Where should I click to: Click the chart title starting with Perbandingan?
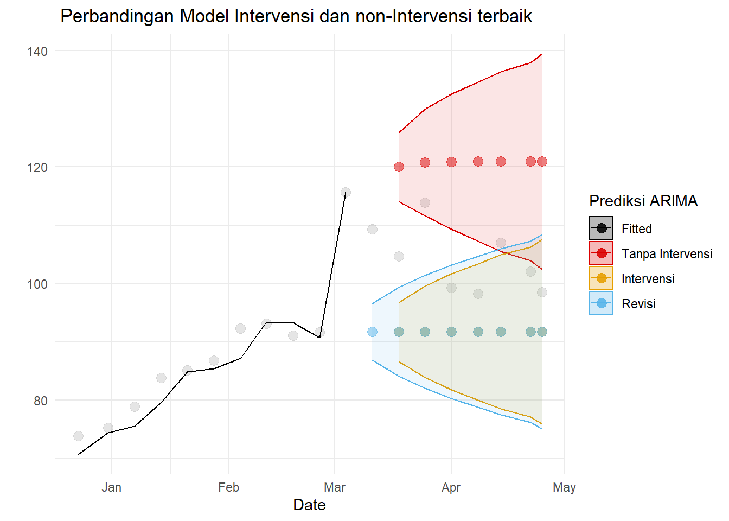[296, 16]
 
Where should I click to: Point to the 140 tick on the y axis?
[37, 52]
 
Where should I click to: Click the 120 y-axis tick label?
[37, 168]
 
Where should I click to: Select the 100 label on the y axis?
[37, 284]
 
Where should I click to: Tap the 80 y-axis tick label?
[41, 401]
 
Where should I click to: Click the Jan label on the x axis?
[112, 487]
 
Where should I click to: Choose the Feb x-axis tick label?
[228, 487]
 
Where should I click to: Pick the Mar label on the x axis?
[335, 487]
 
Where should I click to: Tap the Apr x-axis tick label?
[451, 487]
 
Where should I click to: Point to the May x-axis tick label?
[564, 487]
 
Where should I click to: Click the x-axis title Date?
[309, 505]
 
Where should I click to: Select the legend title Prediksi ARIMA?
[643, 201]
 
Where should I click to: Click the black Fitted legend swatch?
[601, 228]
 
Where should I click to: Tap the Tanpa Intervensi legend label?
[667, 254]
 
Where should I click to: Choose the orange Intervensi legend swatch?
[601, 278]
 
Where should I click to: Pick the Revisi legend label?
[638, 304]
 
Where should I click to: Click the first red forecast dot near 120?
[399, 167]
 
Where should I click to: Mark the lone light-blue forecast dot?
[372, 332]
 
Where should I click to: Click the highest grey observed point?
[346, 192]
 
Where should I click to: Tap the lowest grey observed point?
[78, 436]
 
